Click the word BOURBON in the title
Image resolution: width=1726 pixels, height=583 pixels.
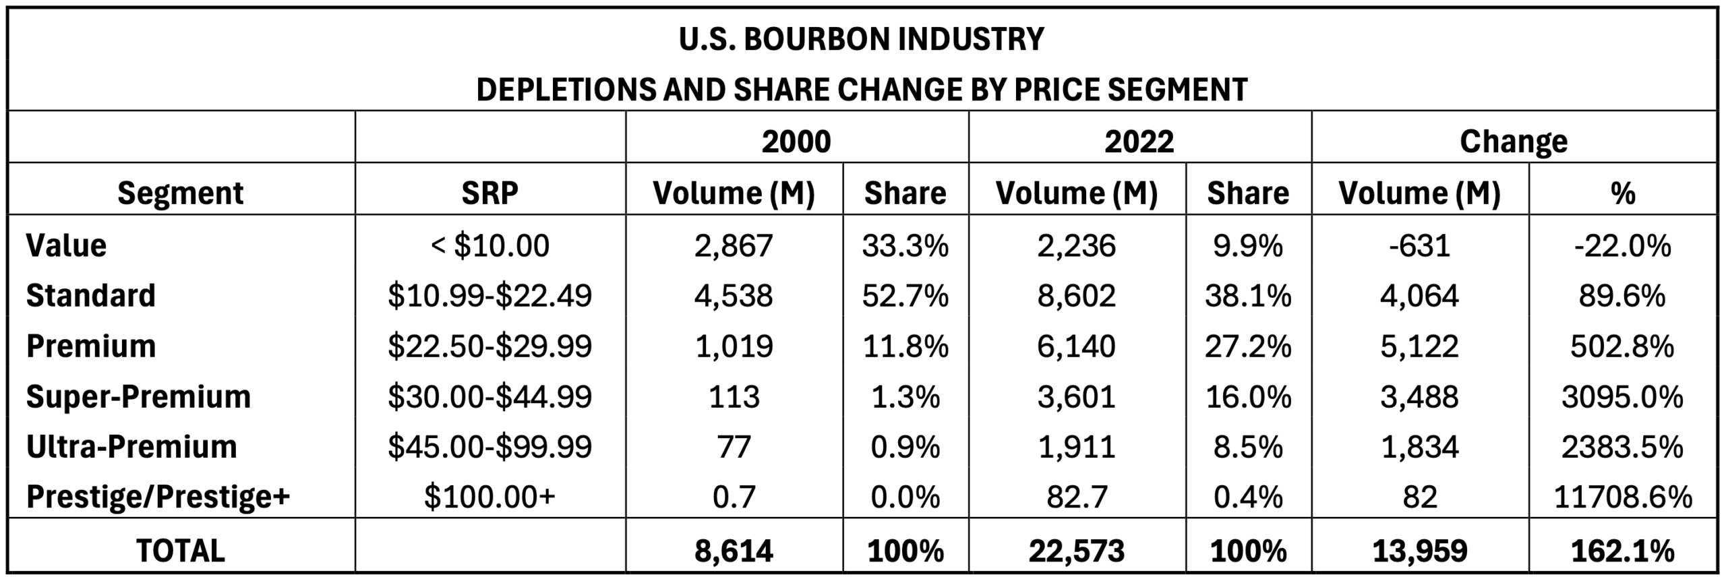pyautogui.click(x=816, y=39)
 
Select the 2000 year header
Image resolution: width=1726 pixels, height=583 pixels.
pyautogui.click(x=796, y=142)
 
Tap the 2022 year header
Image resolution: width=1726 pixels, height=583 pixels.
pyautogui.click(x=1139, y=142)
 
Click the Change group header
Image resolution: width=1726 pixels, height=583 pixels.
pyautogui.click(x=1513, y=142)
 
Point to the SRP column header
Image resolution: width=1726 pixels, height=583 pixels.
pyautogui.click(x=489, y=193)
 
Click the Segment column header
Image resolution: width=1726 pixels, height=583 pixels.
pyautogui.click(x=180, y=193)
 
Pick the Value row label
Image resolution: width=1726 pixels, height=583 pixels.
pyautogui.click(x=66, y=245)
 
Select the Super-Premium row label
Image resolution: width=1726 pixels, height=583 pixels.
pyautogui.click(x=138, y=396)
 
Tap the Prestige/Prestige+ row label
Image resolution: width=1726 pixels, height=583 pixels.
pyautogui.click(x=158, y=497)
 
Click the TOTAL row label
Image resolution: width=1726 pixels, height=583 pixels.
pyautogui.click(x=180, y=551)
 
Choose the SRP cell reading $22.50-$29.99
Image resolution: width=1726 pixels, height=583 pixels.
pyautogui.click(x=489, y=346)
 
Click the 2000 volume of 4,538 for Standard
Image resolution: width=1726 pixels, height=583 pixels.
pyautogui.click(x=734, y=296)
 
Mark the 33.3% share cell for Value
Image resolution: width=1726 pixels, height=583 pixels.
pyautogui.click(x=905, y=245)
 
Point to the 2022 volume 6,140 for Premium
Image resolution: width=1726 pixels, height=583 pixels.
pyautogui.click(x=1076, y=346)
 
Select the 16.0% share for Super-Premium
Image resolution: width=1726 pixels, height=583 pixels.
pyautogui.click(x=1248, y=396)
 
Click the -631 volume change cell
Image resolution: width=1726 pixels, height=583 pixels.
pyautogui.click(x=1419, y=245)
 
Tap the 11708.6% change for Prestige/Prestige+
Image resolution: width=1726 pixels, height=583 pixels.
pyautogui.click(x=1622, y=497)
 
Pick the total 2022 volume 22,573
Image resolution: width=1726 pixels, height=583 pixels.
pyautogui.click(x=1076, y=551)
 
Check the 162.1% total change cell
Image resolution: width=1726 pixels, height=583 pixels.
pyautogui.click(x=1622, y=551)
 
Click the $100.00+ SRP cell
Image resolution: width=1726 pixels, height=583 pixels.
pyautogui.click(x=489, y=497)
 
